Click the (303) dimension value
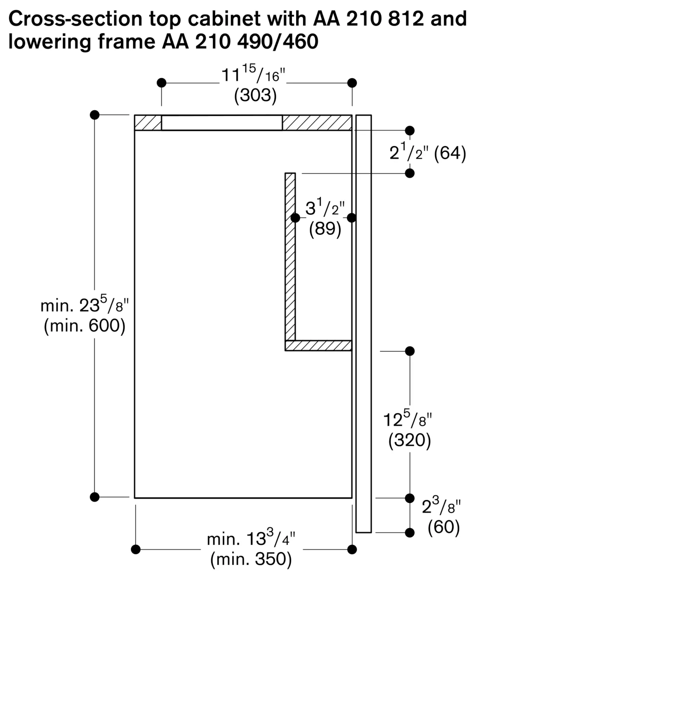pos(255,95)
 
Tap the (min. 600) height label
pos(84,326)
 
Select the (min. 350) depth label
pos(251,559)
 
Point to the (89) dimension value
pos(325,229)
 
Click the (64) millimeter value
pos(450,153)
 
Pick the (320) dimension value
pos(410,440)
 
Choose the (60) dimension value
pos(443,527)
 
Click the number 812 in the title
pos(406,19)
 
